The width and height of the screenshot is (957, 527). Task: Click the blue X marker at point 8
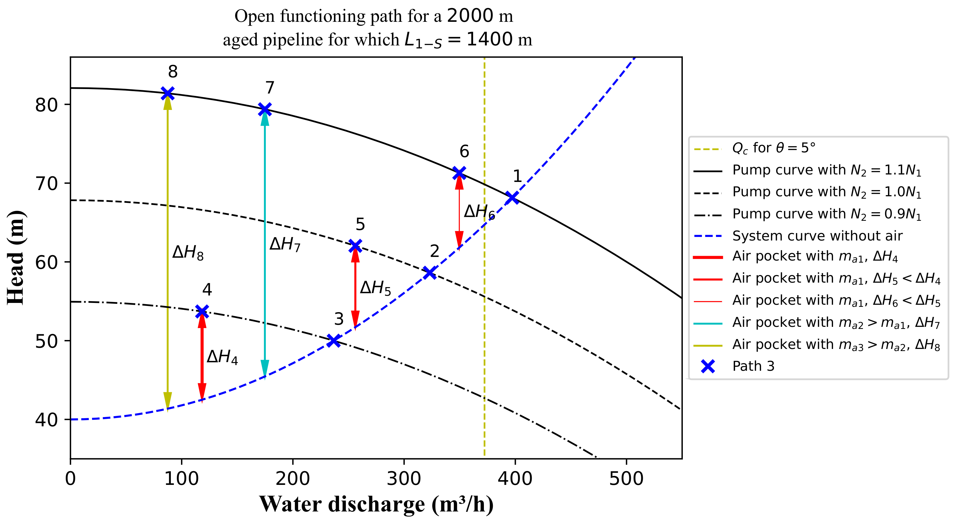point(168,93)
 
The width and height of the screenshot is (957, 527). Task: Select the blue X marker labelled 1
point(512,198)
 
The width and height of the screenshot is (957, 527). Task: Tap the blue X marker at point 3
point(334,341)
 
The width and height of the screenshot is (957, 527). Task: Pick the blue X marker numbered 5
point(355,246)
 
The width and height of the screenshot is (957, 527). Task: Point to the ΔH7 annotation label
point(285,245)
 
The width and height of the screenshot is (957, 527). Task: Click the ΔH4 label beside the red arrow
point(222,357)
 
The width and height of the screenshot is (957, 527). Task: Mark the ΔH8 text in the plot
point(188,253)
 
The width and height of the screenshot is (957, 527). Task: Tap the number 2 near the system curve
point(434,251)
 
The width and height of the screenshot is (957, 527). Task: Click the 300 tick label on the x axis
point(404,479)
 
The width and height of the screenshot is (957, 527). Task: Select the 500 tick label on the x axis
point(626,479)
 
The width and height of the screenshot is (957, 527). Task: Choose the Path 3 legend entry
point(753,366)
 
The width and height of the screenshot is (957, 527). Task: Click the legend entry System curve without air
point(817,236)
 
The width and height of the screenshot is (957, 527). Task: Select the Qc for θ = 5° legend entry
point(774,148)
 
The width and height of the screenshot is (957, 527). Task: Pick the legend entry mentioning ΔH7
point(835,323)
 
